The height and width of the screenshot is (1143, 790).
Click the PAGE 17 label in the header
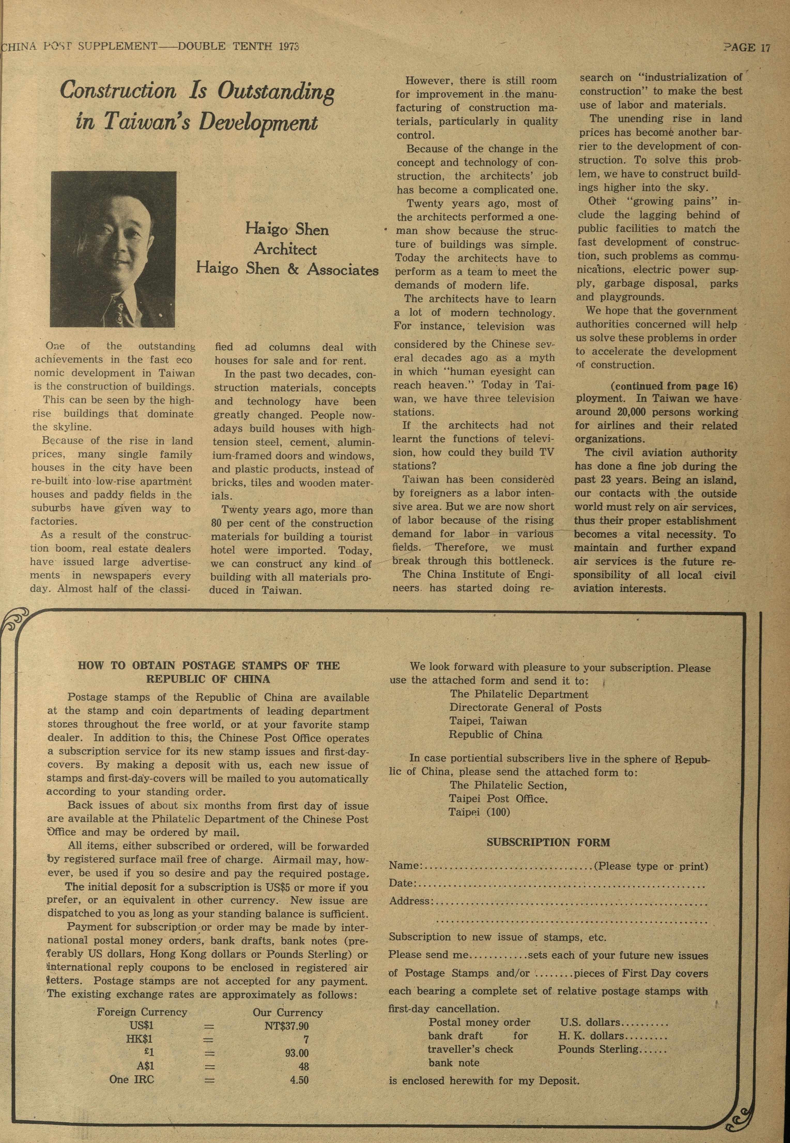pos(747,48)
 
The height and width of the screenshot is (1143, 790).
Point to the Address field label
pos(409,900)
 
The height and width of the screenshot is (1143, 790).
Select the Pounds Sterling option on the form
pos(597,1049)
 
